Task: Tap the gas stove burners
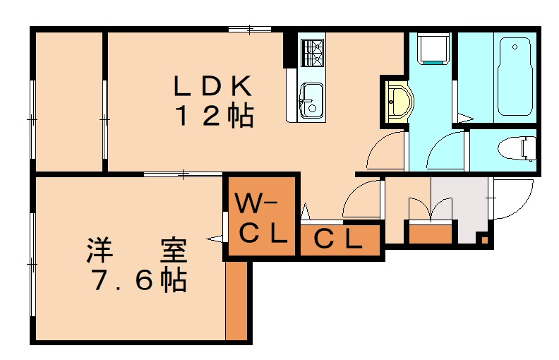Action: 312,51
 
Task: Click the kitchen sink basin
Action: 311,100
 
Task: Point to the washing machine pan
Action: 430,49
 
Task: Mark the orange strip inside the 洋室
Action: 237,300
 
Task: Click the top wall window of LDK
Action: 250,28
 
